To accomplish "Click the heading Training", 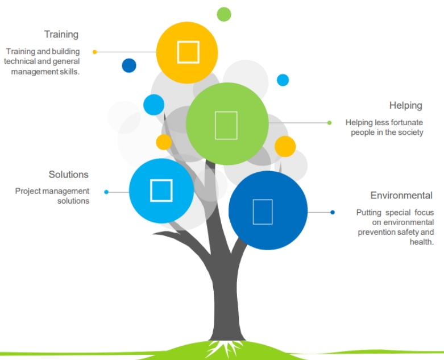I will [61, 35].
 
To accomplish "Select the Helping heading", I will [405, 105].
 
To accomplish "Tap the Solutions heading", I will [68, 175].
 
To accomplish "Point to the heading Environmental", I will [401, 196].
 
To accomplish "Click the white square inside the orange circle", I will [188, 52].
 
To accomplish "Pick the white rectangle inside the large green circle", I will [226, 125].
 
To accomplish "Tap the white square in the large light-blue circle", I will [161, 190].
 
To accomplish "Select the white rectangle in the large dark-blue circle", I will [262, 212].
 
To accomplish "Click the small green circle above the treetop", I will [224, 14].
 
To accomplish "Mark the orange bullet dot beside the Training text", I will [95, 52].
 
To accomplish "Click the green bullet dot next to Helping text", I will [329, 122].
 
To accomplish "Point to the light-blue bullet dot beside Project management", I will [106, 192].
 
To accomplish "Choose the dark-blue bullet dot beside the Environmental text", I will [333, 212].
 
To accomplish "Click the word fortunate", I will [405, 122].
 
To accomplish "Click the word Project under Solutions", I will [28, 191].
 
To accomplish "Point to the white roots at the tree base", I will [219, 347].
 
